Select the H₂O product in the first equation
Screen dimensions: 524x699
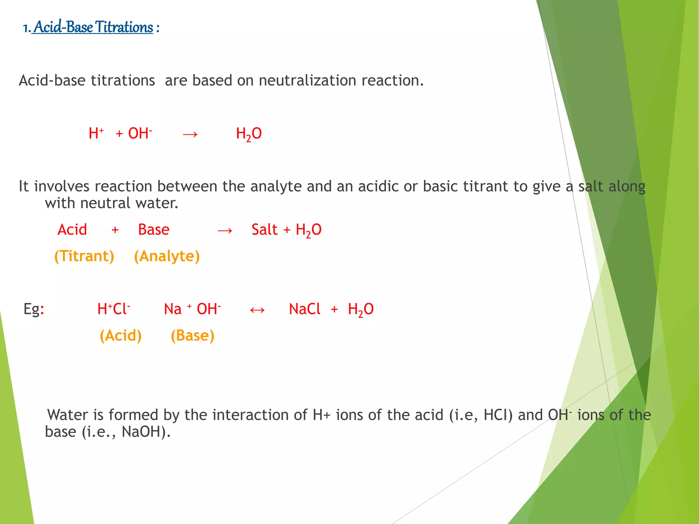click(x=249, y=134)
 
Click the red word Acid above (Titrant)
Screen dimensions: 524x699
click(x=72, y=230)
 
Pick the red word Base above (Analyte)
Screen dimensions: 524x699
click(x=154, y=230)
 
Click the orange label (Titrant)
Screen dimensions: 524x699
click(x=84, y=256)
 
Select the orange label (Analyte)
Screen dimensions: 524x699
click(x=167, y=256)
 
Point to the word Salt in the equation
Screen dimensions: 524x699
click(x=265, y=230)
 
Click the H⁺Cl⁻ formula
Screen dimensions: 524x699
click(x=113, y=309)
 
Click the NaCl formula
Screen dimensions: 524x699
click(x=304, y=309)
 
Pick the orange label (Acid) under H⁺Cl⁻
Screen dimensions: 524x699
click(x=120, y=336)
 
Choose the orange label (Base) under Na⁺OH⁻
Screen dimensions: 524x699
click(x=192, y=336)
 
